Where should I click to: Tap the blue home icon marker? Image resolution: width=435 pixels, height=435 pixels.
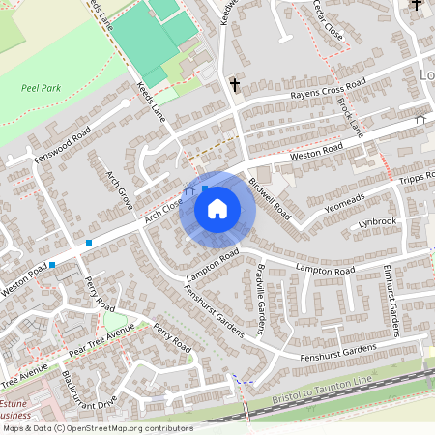(x=217, y=208)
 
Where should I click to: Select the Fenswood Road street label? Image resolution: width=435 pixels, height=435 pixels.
(x=62, y=143)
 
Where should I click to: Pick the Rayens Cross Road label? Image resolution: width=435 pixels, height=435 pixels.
(x=332, y=94)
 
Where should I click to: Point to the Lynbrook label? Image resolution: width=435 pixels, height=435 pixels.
(x=377, y=221)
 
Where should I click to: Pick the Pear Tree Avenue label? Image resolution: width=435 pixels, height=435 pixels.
(x=101, y=339)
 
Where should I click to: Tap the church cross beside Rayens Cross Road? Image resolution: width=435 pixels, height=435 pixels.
(x=235, y=85)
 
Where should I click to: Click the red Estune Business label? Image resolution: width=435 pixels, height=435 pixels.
(x=17, y=406)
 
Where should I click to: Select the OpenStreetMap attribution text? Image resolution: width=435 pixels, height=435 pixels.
(x=97, y=427)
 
